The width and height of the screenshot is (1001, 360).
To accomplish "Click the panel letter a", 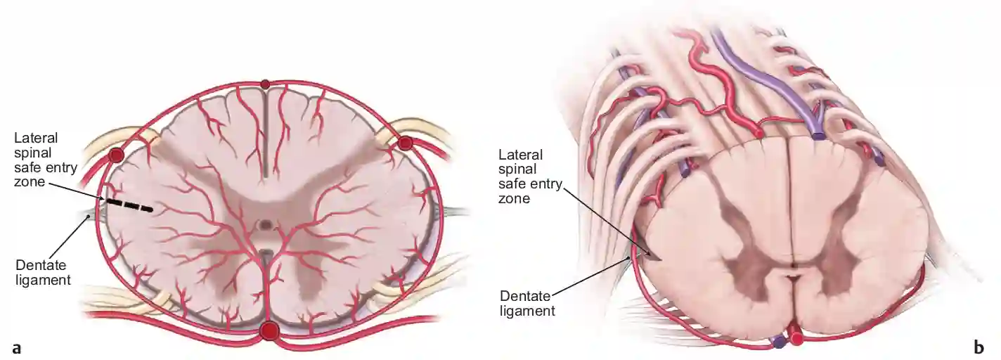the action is coord(17,348).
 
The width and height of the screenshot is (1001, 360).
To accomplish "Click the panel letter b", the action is coord(979,347).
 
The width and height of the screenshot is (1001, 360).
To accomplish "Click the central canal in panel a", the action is coord(266,224).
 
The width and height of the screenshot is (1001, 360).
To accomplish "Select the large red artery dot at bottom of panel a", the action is coord(269,331).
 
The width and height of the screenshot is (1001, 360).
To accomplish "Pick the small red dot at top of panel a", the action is coord(266,84).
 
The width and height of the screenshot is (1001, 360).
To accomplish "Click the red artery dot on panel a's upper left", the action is coord(116,155).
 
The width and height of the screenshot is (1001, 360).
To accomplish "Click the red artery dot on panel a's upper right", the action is coord(405,143).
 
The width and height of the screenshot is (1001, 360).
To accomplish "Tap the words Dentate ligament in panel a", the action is coord(43,272).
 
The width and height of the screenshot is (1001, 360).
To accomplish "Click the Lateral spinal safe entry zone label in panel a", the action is coord(46,160).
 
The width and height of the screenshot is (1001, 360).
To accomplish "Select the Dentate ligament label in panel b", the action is coord(527,303).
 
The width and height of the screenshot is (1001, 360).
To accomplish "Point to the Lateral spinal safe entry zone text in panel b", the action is coord(530,176).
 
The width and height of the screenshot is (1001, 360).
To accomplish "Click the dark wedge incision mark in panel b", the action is coord(650,255).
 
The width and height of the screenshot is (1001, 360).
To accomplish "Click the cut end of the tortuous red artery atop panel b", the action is coord(758,132).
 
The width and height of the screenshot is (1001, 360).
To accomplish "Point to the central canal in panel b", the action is coord(792,271).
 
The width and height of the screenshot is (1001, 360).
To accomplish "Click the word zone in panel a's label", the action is coord(30,182).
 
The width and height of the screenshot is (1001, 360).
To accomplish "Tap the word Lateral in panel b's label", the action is coord(521,155).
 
